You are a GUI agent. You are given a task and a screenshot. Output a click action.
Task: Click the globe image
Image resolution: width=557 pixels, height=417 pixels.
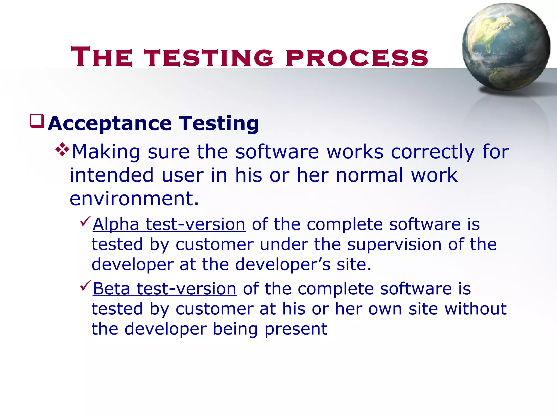(506, 47)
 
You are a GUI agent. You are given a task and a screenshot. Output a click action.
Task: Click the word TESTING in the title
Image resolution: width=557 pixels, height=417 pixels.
(209, 57)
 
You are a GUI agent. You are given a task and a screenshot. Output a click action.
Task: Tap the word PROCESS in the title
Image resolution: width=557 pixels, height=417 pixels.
(357, 57)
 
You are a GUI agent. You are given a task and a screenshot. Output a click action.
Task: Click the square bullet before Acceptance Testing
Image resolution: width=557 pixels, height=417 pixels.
(37, 121)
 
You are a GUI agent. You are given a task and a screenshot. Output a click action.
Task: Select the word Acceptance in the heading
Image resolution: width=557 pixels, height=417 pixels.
(110, 123)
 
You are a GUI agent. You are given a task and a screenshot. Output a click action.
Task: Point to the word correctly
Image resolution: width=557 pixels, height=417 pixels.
(433, 152)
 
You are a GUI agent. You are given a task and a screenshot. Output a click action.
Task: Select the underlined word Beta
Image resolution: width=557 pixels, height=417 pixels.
(112, 289)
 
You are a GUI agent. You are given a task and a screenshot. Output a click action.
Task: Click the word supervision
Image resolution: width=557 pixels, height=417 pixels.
(394, 244)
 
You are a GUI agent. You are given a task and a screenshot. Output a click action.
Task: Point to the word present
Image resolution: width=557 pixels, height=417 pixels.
(296, 329)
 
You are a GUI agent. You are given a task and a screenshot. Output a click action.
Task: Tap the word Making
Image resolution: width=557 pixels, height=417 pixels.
(106, 152)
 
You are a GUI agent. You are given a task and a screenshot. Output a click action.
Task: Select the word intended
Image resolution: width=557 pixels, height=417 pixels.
(112, 175)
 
